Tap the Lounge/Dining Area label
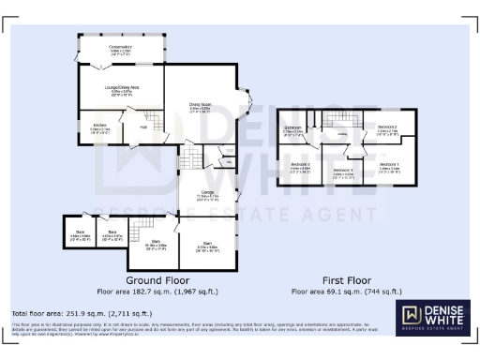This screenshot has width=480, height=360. tap(115, 90)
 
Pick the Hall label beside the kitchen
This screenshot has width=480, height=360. tap(143, 127)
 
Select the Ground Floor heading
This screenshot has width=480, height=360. tap(157, 280)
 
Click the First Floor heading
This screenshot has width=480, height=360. tap(347, 280)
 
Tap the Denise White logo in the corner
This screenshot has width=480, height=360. tap(433, 318)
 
